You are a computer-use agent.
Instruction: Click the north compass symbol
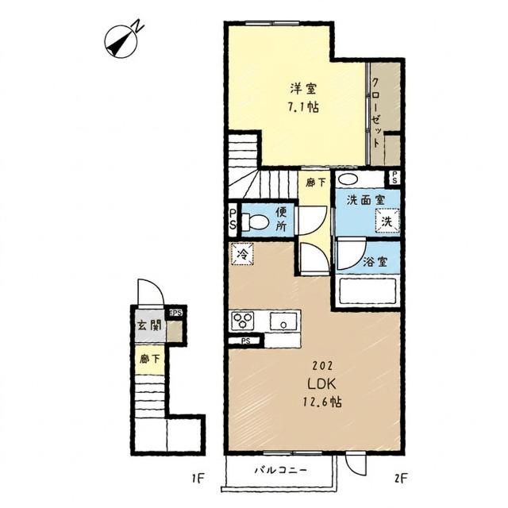coord(121,41)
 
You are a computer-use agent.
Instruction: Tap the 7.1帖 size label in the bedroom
coord(303,107)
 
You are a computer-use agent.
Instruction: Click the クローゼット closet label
coord(375,113)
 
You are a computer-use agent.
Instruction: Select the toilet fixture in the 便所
coord(255,222)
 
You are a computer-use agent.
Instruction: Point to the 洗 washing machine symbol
coord(387,221)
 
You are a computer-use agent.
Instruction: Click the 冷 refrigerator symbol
coord(242,254)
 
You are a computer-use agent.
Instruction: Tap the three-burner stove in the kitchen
coord(243,321)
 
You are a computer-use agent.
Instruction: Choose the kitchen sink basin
coord(284,321)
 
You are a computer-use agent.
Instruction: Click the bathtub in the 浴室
coord(367,291)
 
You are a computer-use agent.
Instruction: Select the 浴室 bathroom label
coord(375,261)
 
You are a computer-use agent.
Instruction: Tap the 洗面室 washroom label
coord(365,200)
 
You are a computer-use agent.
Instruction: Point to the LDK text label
coord(321,384)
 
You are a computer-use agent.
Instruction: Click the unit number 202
coord(322,366)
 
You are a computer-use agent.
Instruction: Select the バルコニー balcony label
coord(280,470)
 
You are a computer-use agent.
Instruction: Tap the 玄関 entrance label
coord(149,325)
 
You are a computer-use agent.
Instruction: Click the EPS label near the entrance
coord(175,313)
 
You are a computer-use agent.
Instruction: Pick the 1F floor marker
coord(198,478)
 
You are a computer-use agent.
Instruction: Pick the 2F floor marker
coord(400,478)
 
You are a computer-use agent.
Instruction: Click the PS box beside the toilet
coord(233,219)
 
